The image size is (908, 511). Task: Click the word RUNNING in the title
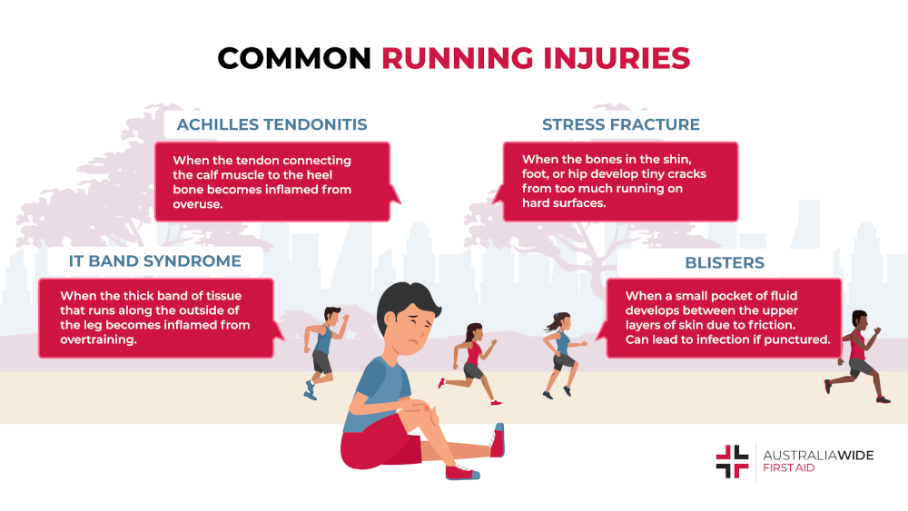coord(458,58)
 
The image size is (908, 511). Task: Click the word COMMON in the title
coord(294,58)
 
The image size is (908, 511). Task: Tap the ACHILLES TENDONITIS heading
coord(271,124)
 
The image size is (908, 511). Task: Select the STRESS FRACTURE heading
coord(621,124)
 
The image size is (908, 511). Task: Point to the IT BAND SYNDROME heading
coord(154,261)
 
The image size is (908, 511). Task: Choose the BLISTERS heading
coord(725,262)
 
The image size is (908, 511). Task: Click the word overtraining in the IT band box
coord(98,339)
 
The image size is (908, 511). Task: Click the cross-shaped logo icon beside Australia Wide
coord(732,461)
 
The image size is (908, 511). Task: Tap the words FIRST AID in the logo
coord(789,467)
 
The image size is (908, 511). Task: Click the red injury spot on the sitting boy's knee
coord(428,408)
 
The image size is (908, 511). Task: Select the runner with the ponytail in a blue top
coord(561,355)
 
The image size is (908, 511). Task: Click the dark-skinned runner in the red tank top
coord(857,357)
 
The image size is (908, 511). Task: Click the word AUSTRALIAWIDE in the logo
coord(818,455)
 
